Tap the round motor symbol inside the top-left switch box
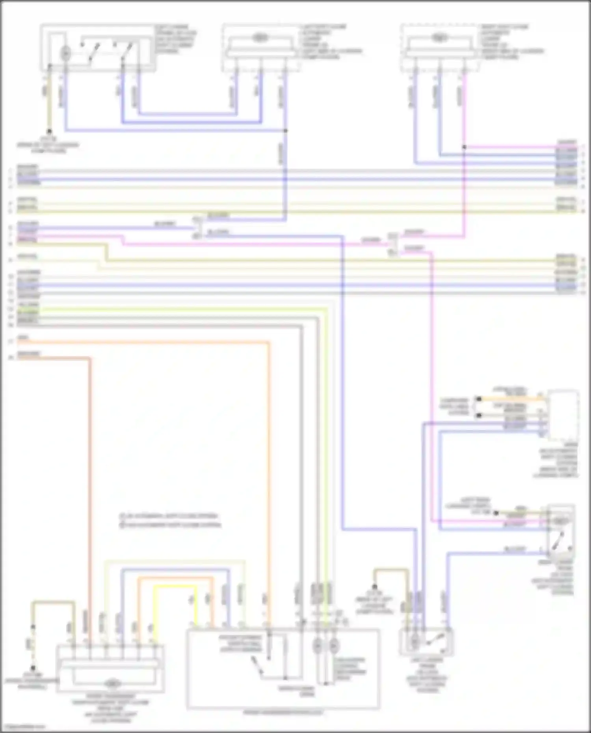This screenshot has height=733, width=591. (65, 52)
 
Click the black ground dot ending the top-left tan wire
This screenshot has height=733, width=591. (49, 131)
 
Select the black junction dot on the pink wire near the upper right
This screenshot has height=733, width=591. (464, 147)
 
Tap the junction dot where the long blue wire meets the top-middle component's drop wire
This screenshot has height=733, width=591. (285, 130)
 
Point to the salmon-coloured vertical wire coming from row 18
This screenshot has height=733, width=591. (90, 492)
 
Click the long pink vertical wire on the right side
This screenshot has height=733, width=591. (432, 394)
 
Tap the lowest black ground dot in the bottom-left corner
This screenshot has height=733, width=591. (33, 668)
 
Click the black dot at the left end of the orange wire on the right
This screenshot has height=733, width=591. (479, 399)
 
